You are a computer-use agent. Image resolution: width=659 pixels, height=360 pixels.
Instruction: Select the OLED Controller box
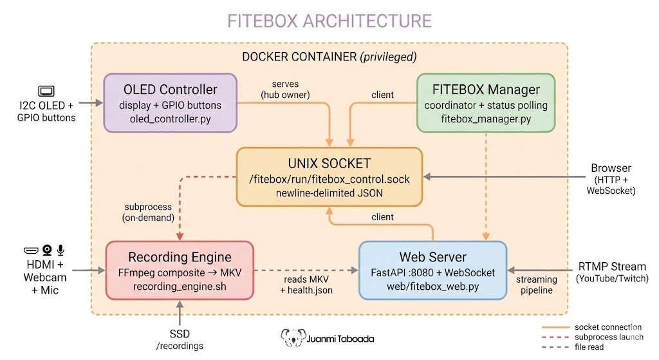tap(170, 103)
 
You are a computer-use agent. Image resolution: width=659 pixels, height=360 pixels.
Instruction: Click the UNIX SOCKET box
tap(329, 176)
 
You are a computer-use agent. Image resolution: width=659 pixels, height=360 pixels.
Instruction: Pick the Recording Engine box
tap(180, 270)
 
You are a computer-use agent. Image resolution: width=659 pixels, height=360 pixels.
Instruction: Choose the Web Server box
tap(432, 270)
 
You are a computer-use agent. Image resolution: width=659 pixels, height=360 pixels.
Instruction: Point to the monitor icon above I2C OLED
tap(46, 91)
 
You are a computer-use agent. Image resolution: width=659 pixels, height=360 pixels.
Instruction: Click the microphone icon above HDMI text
tap(61, 250)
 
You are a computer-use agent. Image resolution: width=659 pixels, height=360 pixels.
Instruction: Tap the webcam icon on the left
tap(46, 250)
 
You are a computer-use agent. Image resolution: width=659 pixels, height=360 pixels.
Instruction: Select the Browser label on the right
tap(611, 169)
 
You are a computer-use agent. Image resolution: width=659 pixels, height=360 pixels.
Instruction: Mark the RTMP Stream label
tap(611, 267)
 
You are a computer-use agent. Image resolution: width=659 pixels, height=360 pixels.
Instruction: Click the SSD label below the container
tap(180, 334)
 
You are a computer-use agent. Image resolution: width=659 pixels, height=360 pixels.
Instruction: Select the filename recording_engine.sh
tap(180, 285)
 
